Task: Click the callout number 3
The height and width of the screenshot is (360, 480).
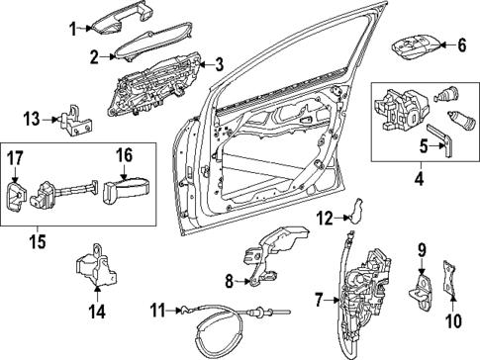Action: coord(219,64)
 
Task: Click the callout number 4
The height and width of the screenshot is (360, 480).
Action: coord(419,181)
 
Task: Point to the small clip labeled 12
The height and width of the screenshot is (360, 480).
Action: coord(359,209)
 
